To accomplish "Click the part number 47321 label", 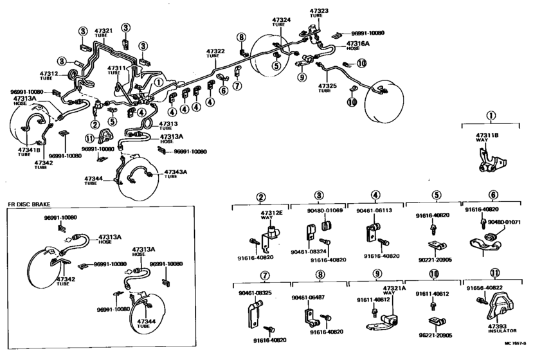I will tap(104, 30).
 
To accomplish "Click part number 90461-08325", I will tap(255, 292).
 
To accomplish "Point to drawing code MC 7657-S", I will tap(518, 355).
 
